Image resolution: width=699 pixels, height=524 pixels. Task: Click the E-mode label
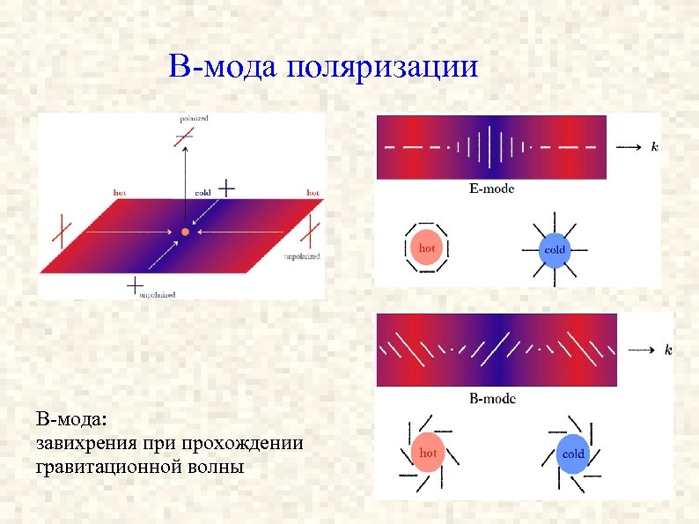pos(491,188)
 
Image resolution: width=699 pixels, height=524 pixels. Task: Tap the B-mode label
pos(492,399)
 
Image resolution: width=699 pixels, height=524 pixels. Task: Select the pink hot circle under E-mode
pos(426,249)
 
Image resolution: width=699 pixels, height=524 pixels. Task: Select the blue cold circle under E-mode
pos(554,249)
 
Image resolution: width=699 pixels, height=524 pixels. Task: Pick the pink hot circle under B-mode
pos(427,453)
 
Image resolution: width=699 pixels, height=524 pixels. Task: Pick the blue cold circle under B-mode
pos(572,454)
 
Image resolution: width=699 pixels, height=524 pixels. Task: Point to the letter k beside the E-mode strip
pos(653,146)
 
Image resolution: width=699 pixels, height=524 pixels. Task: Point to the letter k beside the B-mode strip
pos(668,351)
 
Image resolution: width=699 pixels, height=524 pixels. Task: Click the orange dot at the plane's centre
pos(185,232)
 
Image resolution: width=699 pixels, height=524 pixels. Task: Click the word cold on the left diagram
pos(202,191)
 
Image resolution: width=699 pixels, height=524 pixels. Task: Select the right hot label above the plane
pos(312,191)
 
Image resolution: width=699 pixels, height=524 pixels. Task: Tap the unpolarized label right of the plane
pos(301,256)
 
